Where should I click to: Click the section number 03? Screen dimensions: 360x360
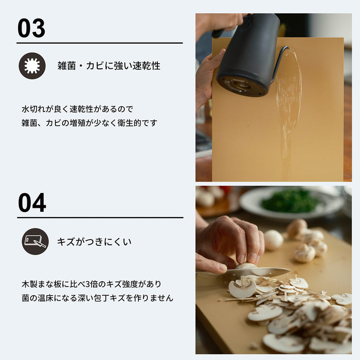tap(31, 28)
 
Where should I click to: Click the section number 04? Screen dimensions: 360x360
tap(32, 203)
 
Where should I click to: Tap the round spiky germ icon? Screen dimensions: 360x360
tap(32, 66)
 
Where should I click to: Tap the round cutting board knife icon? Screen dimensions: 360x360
tap(35, 241)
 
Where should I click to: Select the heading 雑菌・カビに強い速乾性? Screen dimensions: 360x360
tap(109, 66)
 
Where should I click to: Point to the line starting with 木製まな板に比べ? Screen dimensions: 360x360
tap(91, 284)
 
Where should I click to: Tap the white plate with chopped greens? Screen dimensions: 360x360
tap(291, 203)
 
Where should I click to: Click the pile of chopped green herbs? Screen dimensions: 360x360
tap(290, 200)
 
